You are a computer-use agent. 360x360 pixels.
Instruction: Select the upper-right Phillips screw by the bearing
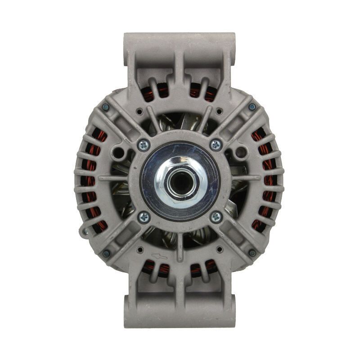[x=216, y=144]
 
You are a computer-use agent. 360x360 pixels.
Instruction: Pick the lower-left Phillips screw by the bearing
[x=144, y=217]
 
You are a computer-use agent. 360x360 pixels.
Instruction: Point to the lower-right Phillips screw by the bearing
[x=216, y=217]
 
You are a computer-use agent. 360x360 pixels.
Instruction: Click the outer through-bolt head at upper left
[x=106, y=107]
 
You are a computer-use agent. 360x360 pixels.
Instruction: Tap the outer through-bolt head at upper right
[x=252, y=107]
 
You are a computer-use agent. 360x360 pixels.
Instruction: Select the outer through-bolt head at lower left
[x=107, y=253]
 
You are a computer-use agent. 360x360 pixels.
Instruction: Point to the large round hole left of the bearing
[x=118, y=153]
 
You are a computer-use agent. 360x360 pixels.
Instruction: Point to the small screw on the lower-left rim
[x=85, y=232]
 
